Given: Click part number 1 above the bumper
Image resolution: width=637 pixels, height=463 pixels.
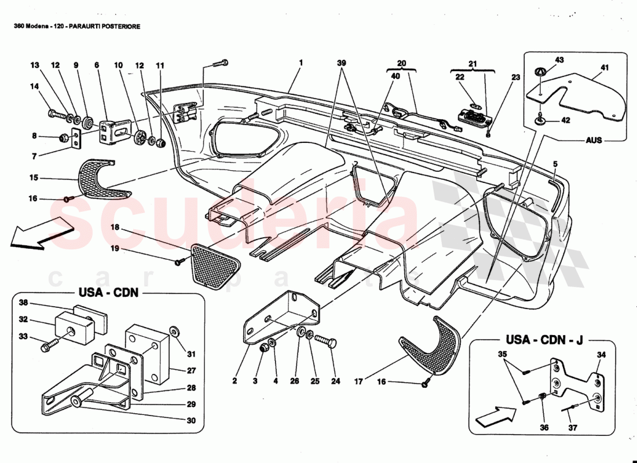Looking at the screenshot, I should point(301,63).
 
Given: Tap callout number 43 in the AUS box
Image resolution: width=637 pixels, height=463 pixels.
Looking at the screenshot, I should point(559,60).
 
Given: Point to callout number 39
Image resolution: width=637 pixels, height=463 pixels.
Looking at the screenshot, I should point(342,63).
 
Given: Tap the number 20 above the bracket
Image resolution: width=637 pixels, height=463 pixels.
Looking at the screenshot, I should point(402,63).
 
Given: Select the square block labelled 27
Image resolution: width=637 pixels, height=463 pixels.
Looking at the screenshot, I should point(148,354).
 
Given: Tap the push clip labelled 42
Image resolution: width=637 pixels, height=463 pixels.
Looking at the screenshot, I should point(541,120).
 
